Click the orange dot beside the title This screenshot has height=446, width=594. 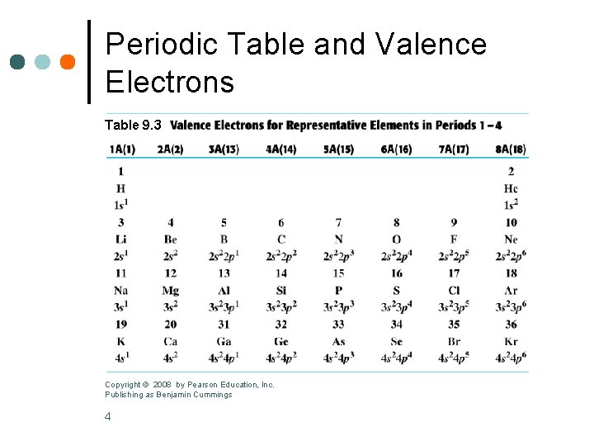[x=68, y=62]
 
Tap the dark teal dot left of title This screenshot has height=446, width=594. [x=17, y=62]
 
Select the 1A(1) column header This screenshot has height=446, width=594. [x=121, y=149]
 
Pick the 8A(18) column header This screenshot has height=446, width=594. [x=511, y=149]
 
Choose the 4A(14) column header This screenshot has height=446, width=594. [x=281, y=149]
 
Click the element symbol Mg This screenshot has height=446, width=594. [x=171, y=291]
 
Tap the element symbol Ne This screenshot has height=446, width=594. [x=511, y=240]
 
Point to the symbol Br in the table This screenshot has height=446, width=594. [x=454, y=342]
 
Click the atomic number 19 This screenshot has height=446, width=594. [x=121, y=325]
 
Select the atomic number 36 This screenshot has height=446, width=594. [x=511, y=325]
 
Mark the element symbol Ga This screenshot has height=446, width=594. [x=224, y=342]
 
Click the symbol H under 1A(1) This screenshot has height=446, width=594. [x=121, y=188]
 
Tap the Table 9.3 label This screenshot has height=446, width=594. [x=133, y=126]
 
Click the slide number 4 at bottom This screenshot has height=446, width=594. [x=108, y=416]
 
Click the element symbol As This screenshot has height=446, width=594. [x=338, y=342]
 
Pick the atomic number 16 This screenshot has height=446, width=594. [x=396, y=273]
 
